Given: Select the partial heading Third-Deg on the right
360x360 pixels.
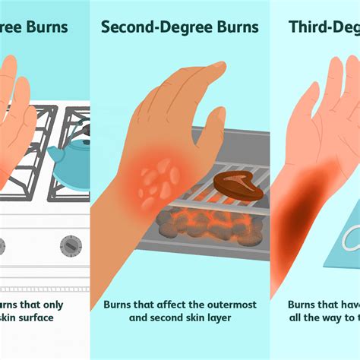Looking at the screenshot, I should coord(324,28).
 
